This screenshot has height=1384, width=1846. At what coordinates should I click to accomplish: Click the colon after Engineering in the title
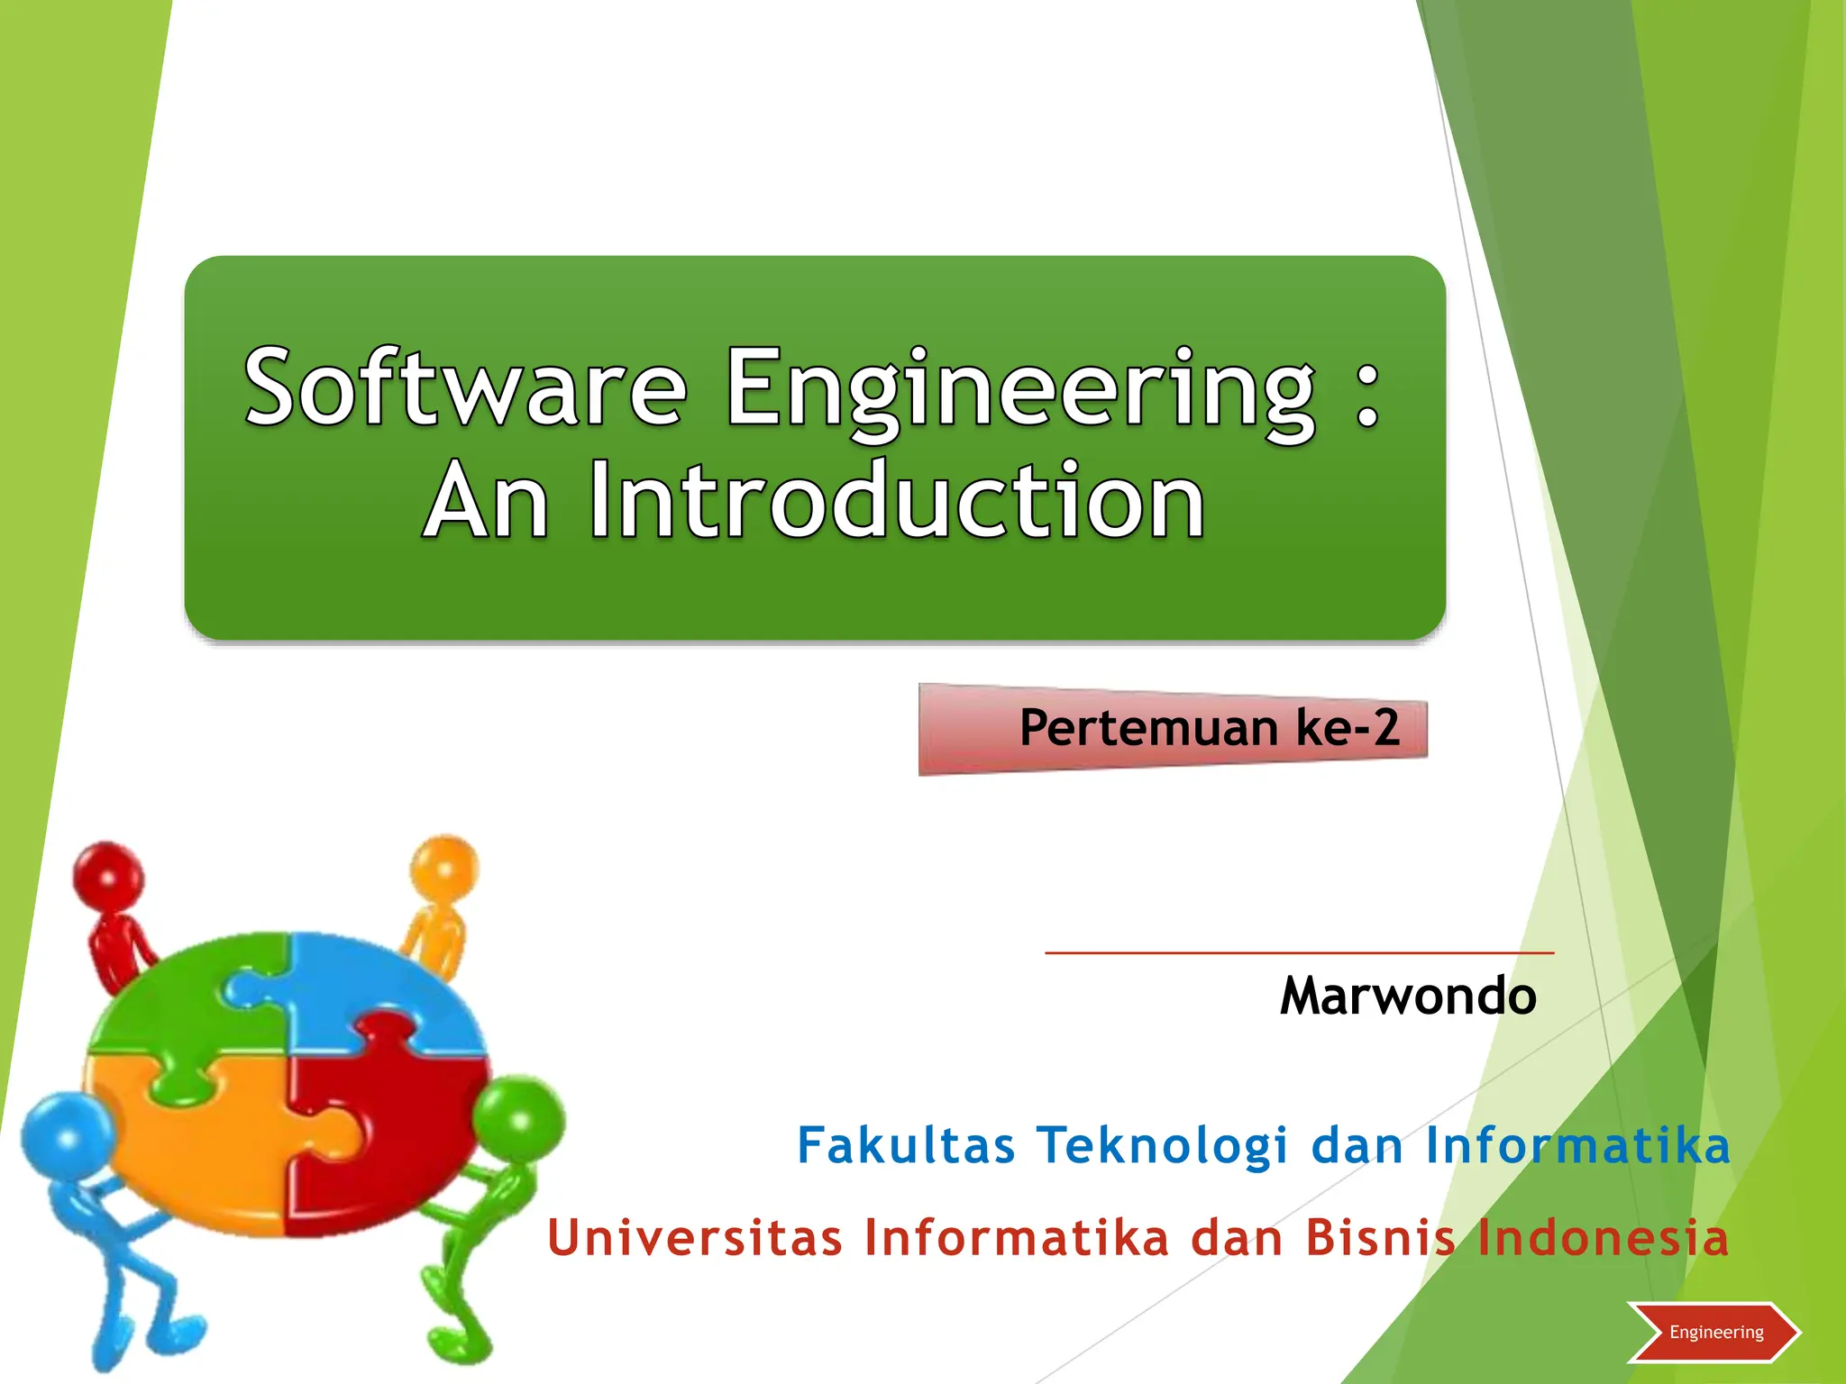tap(1366, 396)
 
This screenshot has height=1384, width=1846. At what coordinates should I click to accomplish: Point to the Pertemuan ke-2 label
tap(1208, 728)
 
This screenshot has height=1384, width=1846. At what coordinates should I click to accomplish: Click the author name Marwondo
tap(1408, 997)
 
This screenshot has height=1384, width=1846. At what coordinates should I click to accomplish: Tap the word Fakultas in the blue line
tap(906, 1146)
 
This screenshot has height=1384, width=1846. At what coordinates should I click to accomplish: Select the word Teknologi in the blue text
tap(1162, 1146)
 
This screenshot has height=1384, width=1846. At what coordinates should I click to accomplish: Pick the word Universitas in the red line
tap(695, 1237)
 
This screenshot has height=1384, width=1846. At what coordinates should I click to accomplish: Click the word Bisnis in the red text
tap(1380, 1237)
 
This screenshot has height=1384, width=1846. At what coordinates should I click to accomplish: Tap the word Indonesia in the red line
tap(1603, 1237)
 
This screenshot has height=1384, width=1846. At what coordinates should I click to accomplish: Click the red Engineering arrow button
tap(1714, 1332)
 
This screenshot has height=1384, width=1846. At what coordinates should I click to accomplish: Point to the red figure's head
tap(108, 874)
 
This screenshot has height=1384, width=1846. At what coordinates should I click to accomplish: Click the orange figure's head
tap(445, 868)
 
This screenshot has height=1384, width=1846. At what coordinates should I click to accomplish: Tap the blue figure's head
tap(65, 1137)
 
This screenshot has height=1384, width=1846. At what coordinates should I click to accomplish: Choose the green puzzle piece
tap(189, 1000)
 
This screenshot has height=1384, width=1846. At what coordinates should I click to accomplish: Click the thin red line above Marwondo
tap(1299, 952)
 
